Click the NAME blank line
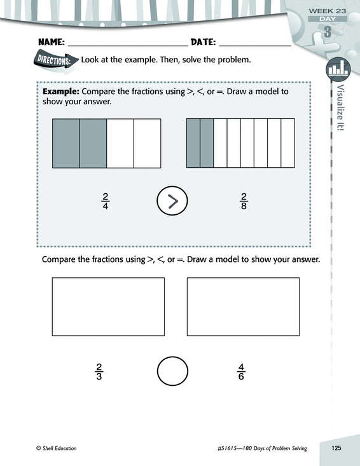(x=128, y=46)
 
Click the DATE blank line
(x=255, y=46)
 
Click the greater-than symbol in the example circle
(x=173, y=201)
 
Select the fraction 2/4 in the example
(x=105, y=201)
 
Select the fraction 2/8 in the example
(x=244, y=201)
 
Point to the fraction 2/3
(x=99, y=371)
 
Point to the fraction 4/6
(x=241, y=371)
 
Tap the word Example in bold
(x=61, y=92)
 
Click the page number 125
(x=336, y=448)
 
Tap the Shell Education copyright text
(x=57, y=448)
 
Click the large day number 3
(x=328, y=32)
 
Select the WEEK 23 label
(x=328, y=11)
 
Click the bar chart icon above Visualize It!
(x=338, y=69)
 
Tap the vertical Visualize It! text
(x=341, y=108)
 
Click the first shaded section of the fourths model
(x=66, y=143)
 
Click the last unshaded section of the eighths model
(x=287, y=143)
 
